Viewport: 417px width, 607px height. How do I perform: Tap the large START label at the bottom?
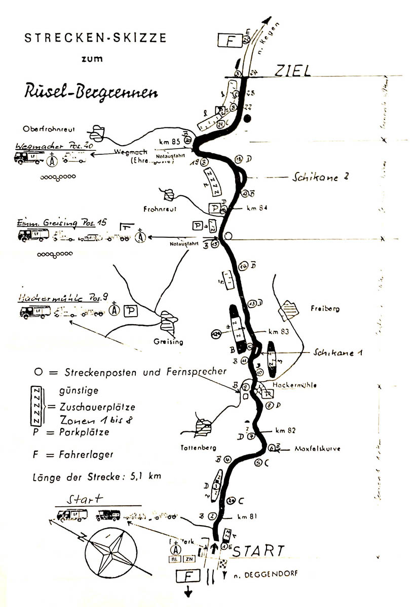click(258, 550)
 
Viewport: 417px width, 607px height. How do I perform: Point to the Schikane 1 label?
click(337, 352)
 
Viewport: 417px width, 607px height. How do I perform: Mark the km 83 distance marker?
click(279, 332)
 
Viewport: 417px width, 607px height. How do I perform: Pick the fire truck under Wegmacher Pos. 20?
click(29, 158)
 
